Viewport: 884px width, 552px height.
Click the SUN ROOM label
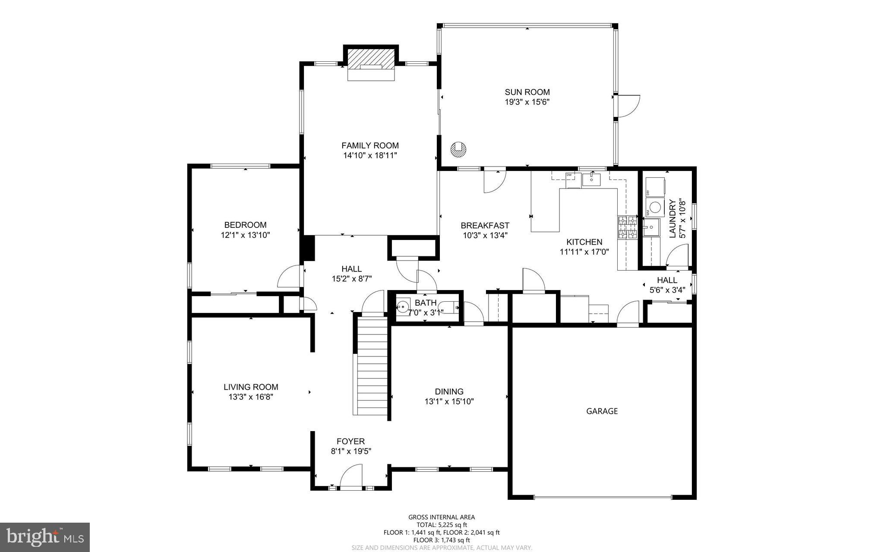click(x=527, y=92)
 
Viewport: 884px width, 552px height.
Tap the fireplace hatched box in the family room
click(x=371, y=58)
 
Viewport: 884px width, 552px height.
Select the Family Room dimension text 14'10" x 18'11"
click(x=370, y=155)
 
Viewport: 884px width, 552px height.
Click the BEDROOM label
click(x=245, y=225)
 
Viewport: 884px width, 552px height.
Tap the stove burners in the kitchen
click(x=627, y=227)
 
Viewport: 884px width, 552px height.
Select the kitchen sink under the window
click(x=591, y=179)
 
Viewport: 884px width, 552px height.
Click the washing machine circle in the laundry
click(x=656, y=207)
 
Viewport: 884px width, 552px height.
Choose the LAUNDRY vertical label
click(x=672, y=218)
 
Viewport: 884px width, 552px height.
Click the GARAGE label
click(x=602, y=411)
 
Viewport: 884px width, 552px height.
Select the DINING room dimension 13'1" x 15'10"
click(x=449, y=402)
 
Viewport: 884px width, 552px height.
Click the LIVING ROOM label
click(x=251, y=387)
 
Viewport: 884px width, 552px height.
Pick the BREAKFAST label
click(x=485, y=225)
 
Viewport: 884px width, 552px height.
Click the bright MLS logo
click(x=45, y=537)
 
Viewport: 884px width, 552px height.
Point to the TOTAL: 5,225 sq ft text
click(x=442, y=525)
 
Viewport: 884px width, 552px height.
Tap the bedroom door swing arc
click(x=288, y=276)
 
